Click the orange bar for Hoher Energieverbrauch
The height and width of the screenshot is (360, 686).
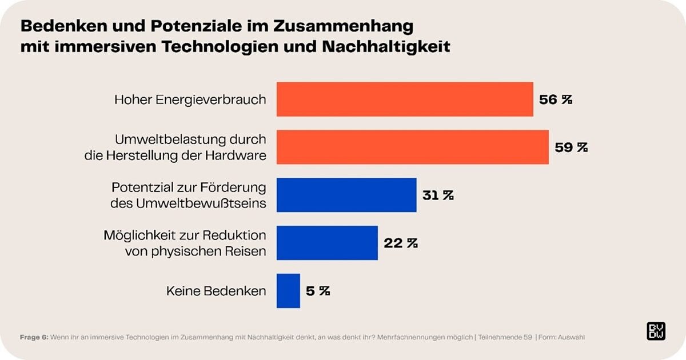click(405, 99)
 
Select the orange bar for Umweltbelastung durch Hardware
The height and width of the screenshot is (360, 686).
click(412, 147)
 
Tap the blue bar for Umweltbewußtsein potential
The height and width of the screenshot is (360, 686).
click(346, 195)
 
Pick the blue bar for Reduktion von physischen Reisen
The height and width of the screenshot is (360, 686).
click(327, 243)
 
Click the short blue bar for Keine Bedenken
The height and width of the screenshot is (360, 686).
click(288, 291)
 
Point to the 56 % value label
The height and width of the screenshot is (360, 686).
click(556, 99)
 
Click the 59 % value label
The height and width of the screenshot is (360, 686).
click(571, 147)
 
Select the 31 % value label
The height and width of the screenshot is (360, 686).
click(438, 195)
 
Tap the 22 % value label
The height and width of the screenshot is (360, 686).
click(400, 243)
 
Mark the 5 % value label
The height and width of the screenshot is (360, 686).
click(318, 291)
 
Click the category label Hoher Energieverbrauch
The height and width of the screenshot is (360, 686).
click(190, 99)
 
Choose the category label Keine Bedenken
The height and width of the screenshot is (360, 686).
click(216, 291)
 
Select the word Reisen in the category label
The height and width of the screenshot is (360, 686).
click(248, 250)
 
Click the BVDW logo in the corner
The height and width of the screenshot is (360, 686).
click(655, 331)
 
